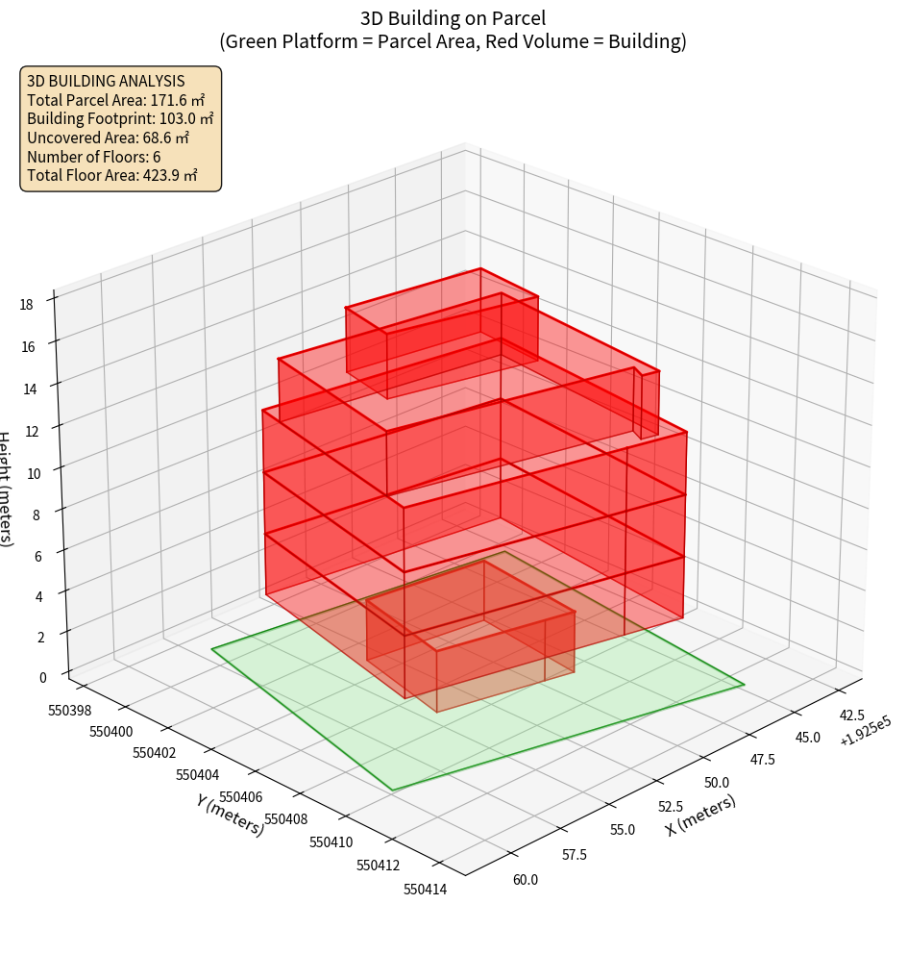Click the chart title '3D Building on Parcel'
tap(453, 17)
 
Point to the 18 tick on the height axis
tap(26, 305)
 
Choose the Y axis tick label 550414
tap(425, 889)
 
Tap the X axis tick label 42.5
tap(852, 715)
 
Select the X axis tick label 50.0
tap(717, 782)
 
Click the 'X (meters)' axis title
tap(700, 816)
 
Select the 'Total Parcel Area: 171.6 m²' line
tap(116, 100)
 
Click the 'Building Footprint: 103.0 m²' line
tap(120, 119)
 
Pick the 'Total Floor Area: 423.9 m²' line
tap(112, 175)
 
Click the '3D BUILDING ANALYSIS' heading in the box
tap(106, 82)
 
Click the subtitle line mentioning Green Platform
tap(453, 41)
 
